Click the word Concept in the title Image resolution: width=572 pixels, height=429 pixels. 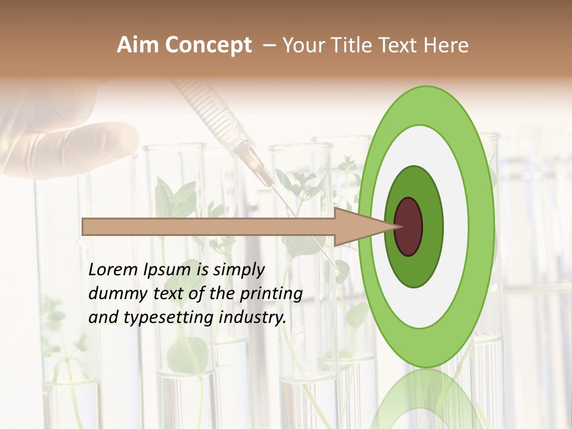(x=209, y=45)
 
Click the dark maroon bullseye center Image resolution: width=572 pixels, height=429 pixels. (x=408, y=226)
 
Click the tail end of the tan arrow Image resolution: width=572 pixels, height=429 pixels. (x=85, y=226)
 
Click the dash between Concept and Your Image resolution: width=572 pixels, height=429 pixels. (x=269, y=45)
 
